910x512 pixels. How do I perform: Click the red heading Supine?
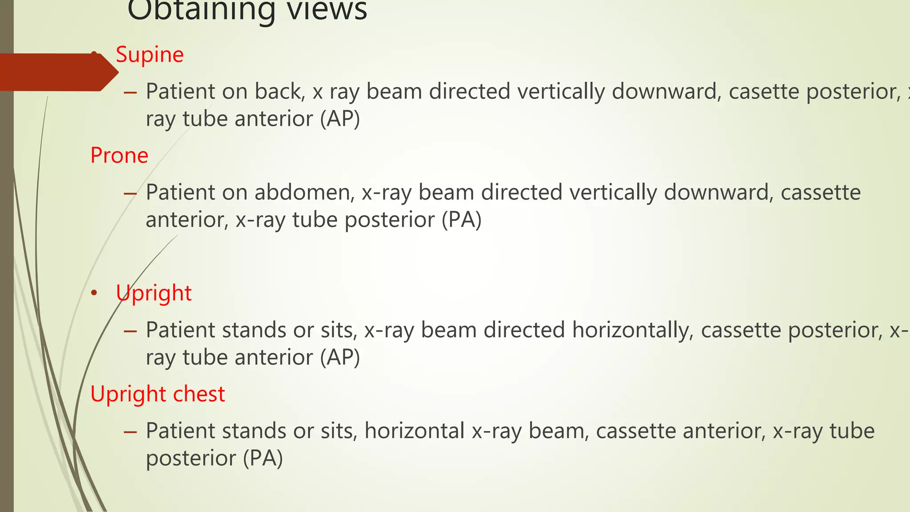click(x=149, y=55)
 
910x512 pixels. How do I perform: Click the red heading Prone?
click(x=119, y=156)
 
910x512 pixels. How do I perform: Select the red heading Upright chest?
click(x=157, y=394)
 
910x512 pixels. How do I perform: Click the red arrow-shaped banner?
click(x=58, y=72)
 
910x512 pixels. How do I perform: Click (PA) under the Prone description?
click(x=462, y=220)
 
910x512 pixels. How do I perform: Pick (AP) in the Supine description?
click(x=340, y=119)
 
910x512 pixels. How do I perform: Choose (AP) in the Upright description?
click(x=340, y=358)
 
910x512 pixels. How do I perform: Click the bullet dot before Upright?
click(x=94, y=293)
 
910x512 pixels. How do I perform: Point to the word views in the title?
click(x=327, y=10)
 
